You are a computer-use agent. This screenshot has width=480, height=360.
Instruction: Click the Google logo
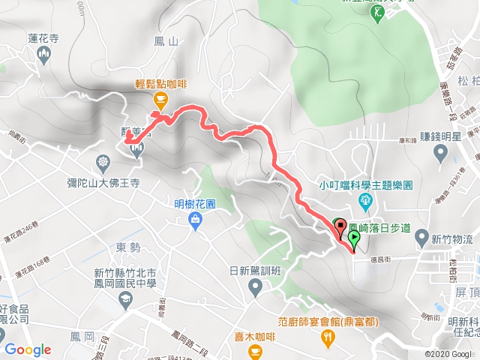[28, 349]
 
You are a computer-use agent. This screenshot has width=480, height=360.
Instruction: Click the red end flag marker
[339, 226]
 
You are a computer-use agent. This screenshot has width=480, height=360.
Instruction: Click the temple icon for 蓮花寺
[43, 54]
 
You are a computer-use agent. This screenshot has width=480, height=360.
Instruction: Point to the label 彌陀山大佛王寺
[103, 182]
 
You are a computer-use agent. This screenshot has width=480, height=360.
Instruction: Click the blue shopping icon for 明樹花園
[195, 219]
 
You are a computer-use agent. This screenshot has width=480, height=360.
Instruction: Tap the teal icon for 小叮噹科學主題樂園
[366, 200]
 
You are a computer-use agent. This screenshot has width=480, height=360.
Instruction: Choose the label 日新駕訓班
[255, 271]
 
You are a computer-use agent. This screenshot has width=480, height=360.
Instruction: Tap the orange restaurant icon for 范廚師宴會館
[328, 337]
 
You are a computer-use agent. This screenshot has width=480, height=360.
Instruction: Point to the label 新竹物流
[452, 240]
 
